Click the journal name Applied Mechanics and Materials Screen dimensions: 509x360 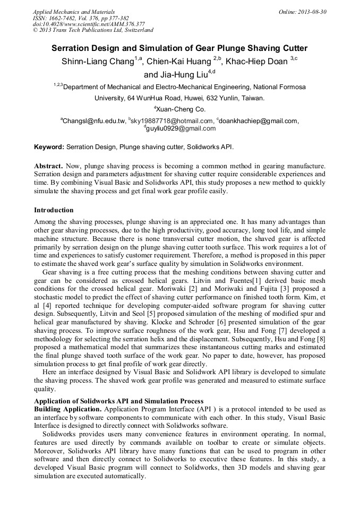(74, 12)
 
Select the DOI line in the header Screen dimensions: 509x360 (89, 24)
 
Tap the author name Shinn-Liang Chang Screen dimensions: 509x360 (97, 62)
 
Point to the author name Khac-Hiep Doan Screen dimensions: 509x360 (256, 62)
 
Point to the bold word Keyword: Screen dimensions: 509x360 (49, 146)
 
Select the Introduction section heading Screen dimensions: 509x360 (54, 210)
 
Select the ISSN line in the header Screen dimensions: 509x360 (84, 18)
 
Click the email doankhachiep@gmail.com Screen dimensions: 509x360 (259, 121)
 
